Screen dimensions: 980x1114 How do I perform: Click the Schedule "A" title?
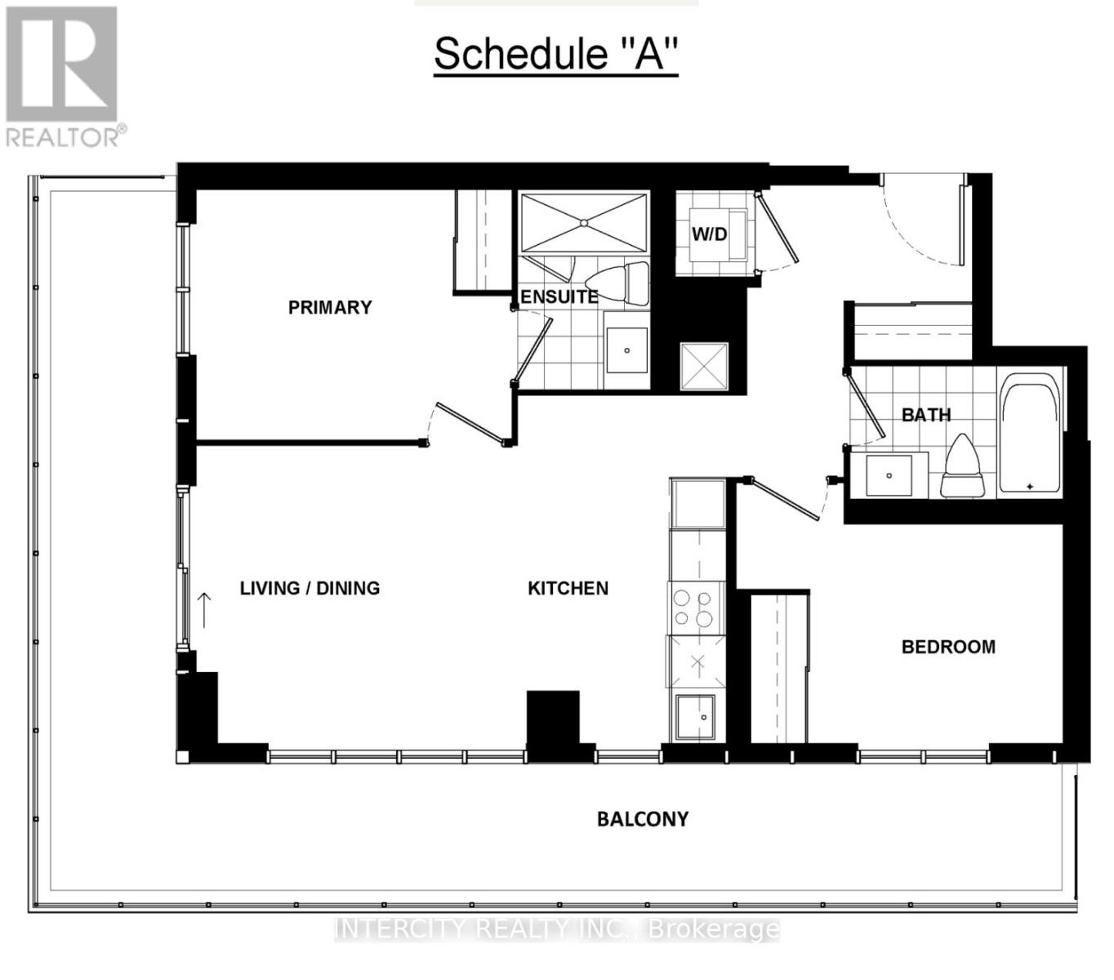(555, 54)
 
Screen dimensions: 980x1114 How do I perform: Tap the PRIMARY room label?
(330, 307)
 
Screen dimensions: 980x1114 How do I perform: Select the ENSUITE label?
(559, 297)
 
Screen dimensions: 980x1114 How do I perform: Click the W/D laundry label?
(709, 234)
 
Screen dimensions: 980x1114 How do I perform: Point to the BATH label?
(926, 415)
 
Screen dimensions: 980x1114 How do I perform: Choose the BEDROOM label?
(948, 647)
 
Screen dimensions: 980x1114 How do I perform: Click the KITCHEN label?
(568, 588)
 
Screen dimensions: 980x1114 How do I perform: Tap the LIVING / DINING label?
(310, 588)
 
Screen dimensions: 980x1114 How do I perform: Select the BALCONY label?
(643, 819)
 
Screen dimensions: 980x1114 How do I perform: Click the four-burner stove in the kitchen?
(696, 608)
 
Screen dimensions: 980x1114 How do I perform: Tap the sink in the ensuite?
(627, 350)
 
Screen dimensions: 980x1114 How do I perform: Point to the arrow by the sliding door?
(204, 609)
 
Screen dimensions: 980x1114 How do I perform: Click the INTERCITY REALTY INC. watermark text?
(557, 929)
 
